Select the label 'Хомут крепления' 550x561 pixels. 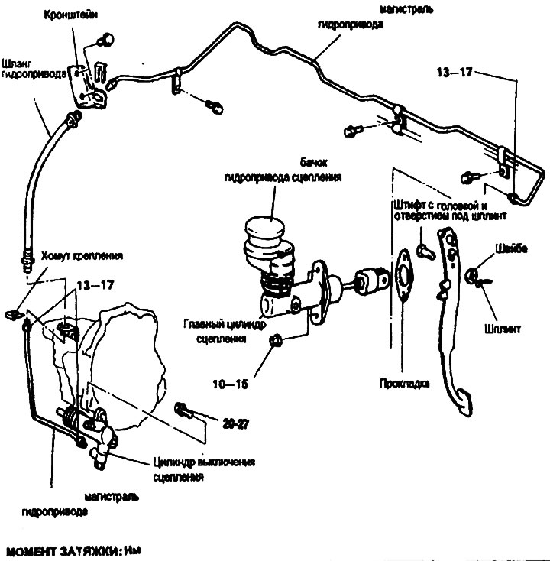click(x=83, y=255)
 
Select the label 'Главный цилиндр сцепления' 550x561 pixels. click(x=218, y=329)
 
